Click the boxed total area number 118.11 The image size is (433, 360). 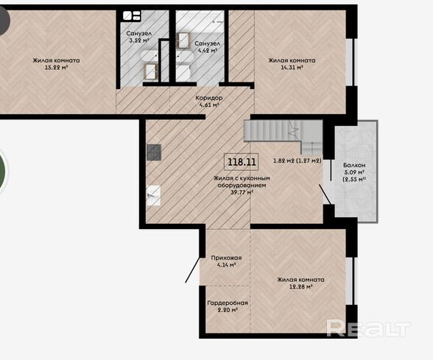pyautogui.click(x=242, y=161)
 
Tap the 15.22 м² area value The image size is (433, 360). pyautogui.click(x=56, y=68)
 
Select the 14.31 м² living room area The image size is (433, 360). pyautogui.click(x=292, y=68)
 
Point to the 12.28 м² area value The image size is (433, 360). pyautogui.click(x=300, y=286)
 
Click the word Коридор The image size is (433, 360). pyautogui.click(x=209, y=98)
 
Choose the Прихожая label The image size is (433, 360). pyautogui.click(x=226, y=258)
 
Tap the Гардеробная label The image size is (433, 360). pyautogui.click(x=228, y=303)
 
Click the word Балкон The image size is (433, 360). pyautogui.click(x=354, y=165)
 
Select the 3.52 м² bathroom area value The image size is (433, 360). pyautogui.click(x=139, y=40)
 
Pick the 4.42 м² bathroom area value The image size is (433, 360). pyautogui.click(x=207, y=51)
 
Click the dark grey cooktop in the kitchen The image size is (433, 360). pyautogui.click(x=154, y=152)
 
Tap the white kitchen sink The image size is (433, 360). pyautogui.click(x=153, y=196)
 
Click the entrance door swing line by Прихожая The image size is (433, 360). pyautogui.click(x=192, y=270)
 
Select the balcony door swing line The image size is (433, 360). pyautogui.click(x=325, y=194)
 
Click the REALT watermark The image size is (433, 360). pyautogui.click(x=368, y=328)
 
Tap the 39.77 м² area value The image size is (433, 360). pyautogui.click(x=242, y=192)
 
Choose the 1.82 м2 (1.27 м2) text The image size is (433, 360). pyautogui.click(x=298, y=160)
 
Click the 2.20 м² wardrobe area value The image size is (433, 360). pyautogui.click(x=228, y=310)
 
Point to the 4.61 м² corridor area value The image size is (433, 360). pyautogui.click(x=209, y=105)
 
